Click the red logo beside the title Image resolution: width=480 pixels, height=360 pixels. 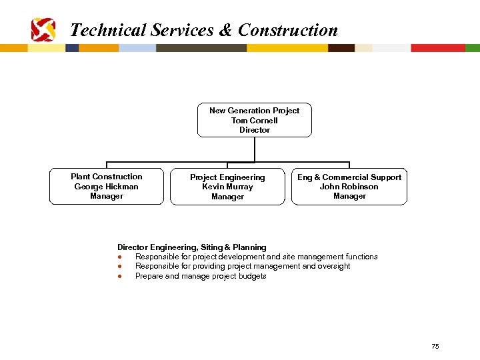pyautogui.click(x=43, y=29)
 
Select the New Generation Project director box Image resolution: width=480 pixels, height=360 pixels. pyautogui.click(x=255, y=120)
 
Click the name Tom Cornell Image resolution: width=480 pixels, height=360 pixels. pyautogui.click(x=255, y=121)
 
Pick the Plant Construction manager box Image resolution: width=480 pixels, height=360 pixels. pyautogui.click(x=107, y=187)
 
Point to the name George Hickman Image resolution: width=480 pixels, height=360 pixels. pyautogui.click(x=107, y=187)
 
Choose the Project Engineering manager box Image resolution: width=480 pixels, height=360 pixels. pyautogui.click(x=227, y=187)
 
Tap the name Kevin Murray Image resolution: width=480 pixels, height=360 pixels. pyautogui.click(x=227, y=187)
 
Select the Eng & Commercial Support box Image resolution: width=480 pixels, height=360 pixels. pyautogui.click(x=349, y=187)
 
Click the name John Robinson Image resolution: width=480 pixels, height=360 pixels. pyautogui.click(x=349, y=187)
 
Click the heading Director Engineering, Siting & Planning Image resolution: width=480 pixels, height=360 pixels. pyautogui.click(x=192, y=247)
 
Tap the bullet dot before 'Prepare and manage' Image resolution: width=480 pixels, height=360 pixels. pyautogui.click(x=119, y=276)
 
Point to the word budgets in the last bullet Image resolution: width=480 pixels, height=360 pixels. pyautogui.click(x=252, y=276)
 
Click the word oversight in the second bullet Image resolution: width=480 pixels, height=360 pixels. pyautogui.click(x=334, y=266)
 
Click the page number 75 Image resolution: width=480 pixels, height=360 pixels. pyautogui.click(x=435, y=346)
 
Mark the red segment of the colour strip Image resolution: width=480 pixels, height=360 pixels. pyautogui.click(x=437, y=48)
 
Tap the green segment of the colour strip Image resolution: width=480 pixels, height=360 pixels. pyautogui.click(x=472, y=48)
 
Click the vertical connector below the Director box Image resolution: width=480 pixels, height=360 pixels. pyautogui.click(x=255, y=149)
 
